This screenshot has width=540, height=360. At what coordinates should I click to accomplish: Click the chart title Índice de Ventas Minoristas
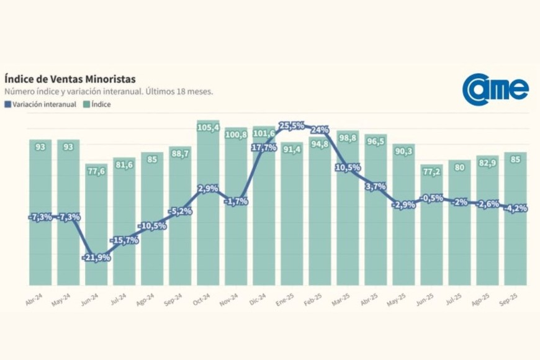pyautogui.click(x=70, y=79)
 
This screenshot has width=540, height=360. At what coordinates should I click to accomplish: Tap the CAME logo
pyautogui.click(x=495, y=89)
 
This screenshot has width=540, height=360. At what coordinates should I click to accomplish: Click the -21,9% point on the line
pyautogui.click(x=96, y=257)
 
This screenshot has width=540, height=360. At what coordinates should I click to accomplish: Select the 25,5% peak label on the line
pyautogui.click(x=292, y=126)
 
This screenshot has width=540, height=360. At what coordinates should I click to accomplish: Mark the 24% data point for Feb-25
pyautogui.click(x=320, y=130)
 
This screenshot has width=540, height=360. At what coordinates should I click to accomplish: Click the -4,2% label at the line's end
pyautogui.click(x=515, y=208)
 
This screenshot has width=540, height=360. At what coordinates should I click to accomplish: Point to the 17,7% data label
pyautogui.click(x=264, y=147)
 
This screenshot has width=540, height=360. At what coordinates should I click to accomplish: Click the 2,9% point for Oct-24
pyautogui.click(x=208, y=188)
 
